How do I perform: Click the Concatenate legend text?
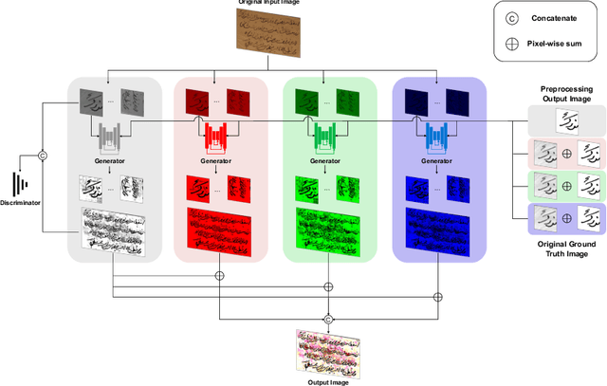[561, 18]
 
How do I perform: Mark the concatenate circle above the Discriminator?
[42, 155]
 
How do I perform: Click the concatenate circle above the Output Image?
[329, 318]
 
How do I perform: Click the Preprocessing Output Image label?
[566, 93]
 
